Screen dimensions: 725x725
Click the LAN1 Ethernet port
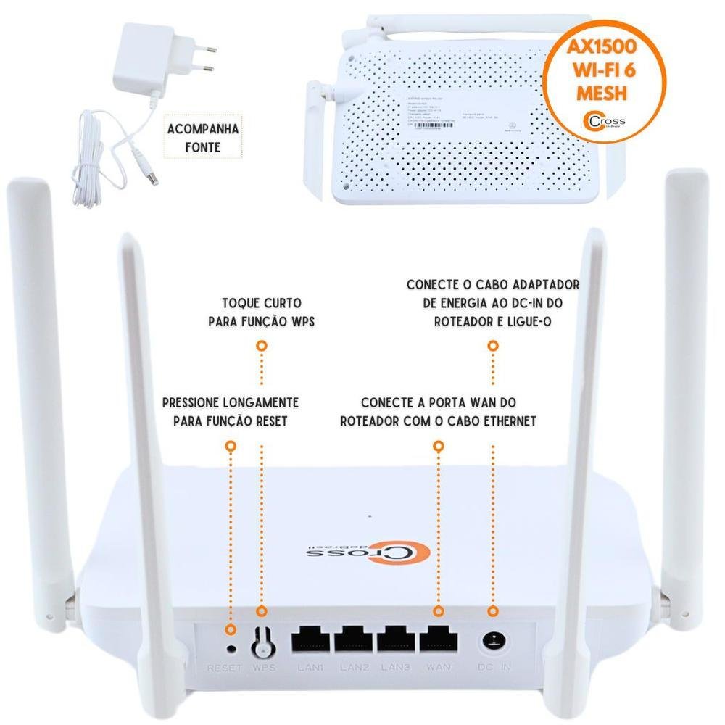(310, 639)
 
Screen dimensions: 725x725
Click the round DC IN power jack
(494, 642)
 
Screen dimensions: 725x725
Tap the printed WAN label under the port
(439, 667)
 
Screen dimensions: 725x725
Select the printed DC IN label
(494, 667)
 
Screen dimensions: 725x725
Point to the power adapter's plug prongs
(209, 58)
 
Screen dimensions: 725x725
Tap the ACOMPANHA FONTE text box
(193, 138)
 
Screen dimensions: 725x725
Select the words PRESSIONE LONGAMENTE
(231, 402)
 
